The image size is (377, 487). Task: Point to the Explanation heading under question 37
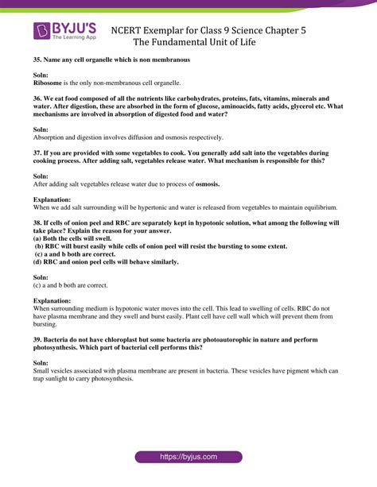pyautogui.click(x=52, y=199)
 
